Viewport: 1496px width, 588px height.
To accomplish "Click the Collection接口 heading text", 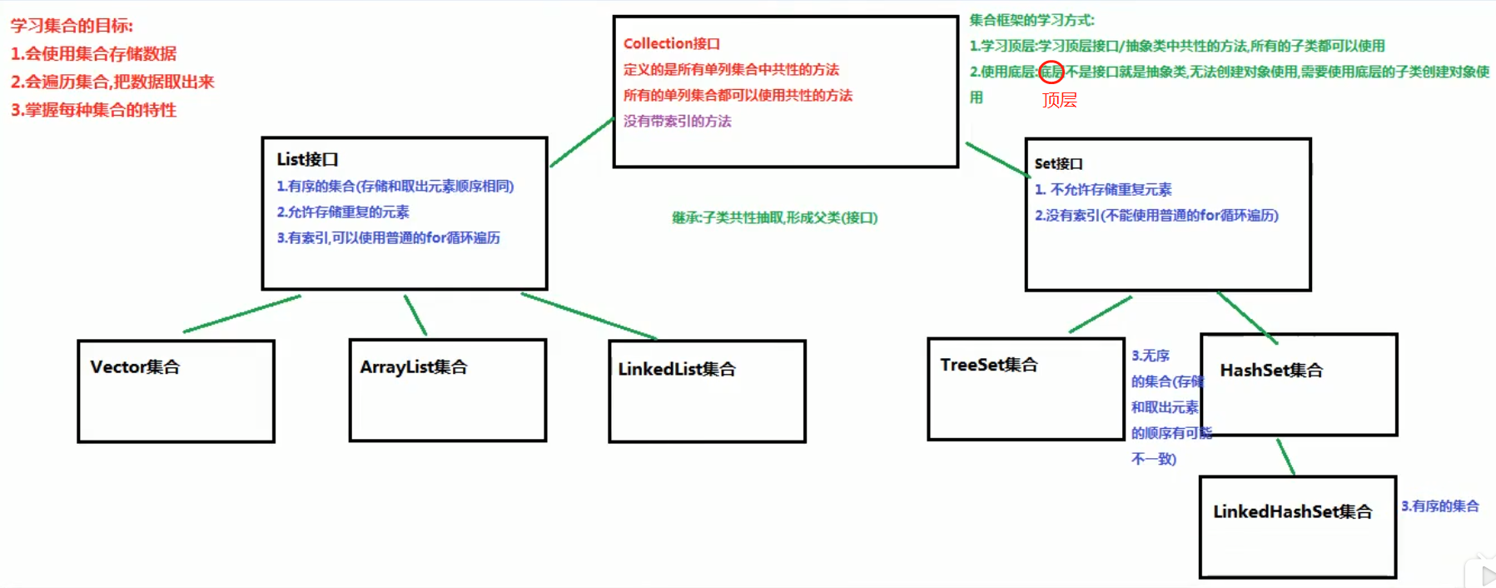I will [671, 43].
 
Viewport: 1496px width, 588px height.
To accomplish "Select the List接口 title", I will [307, 159].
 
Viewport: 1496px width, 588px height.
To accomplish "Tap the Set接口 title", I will [1058, 164].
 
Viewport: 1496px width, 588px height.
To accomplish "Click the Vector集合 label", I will [135, 367].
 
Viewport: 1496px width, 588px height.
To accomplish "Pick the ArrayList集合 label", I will [414, 367].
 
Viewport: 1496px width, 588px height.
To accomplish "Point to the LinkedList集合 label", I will [676, 369].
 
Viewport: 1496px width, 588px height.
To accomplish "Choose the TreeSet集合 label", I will [988, 365].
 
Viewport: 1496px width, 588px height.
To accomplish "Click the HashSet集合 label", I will [1270, 371].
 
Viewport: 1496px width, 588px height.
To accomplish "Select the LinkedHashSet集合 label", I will [1292, 511].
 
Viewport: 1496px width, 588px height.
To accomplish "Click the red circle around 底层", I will [1051, 72].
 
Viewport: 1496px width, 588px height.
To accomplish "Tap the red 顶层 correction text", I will [1059, 100].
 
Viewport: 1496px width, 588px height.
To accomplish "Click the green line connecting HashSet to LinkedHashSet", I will [1286, 457].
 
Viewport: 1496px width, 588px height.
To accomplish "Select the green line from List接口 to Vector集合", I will [241, 314].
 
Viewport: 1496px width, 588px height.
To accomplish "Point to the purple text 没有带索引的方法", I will [677, 122].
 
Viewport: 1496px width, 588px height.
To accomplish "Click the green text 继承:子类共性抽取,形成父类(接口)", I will [774, 218].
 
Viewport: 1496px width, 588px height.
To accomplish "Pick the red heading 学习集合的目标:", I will [72, 26].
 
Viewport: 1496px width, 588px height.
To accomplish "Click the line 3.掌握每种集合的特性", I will [93, 110].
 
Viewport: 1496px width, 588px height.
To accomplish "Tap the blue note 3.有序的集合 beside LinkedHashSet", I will [1439, 506].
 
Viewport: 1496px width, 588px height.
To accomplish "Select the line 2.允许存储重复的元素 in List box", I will [343, 212].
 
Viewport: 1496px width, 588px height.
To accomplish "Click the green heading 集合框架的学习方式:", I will [1031, 20].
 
